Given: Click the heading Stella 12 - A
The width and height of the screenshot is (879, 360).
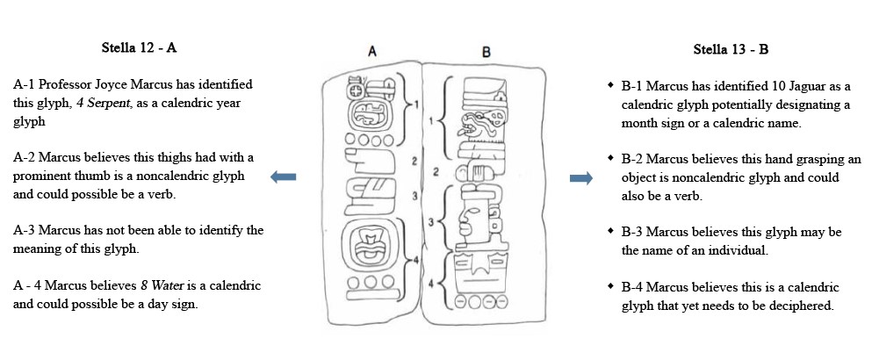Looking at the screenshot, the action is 139,47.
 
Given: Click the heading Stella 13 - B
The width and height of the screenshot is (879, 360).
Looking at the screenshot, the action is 731,49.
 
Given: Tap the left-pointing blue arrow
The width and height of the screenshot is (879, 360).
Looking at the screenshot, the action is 283,177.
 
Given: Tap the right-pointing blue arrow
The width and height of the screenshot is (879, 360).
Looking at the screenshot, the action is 580,178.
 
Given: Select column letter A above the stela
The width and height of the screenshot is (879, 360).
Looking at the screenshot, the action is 372,52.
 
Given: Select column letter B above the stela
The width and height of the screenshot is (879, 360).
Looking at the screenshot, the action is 486,52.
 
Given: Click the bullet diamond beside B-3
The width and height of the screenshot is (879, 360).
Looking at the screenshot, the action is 610,232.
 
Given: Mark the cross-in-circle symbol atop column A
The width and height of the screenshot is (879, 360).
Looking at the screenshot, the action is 356,90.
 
